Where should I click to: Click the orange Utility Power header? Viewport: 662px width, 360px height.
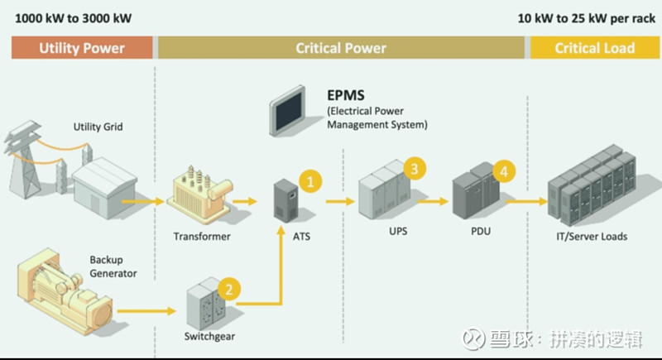pos(82,48)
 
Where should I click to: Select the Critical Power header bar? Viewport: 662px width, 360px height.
pos(341,48)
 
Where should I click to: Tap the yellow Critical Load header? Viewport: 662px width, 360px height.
pos(593,48)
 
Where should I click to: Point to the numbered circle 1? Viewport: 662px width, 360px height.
pos(309,180)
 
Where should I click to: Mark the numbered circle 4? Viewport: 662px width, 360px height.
pos(502,171)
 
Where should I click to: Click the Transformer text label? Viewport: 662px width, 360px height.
pos(202,237)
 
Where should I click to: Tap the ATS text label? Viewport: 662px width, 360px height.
pos(300,237)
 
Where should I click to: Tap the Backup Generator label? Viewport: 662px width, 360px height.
pos(113,266)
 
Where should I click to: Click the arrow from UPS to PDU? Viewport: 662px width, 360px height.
pos(432,200)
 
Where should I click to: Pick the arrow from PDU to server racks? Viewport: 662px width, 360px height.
pos(526,200)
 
